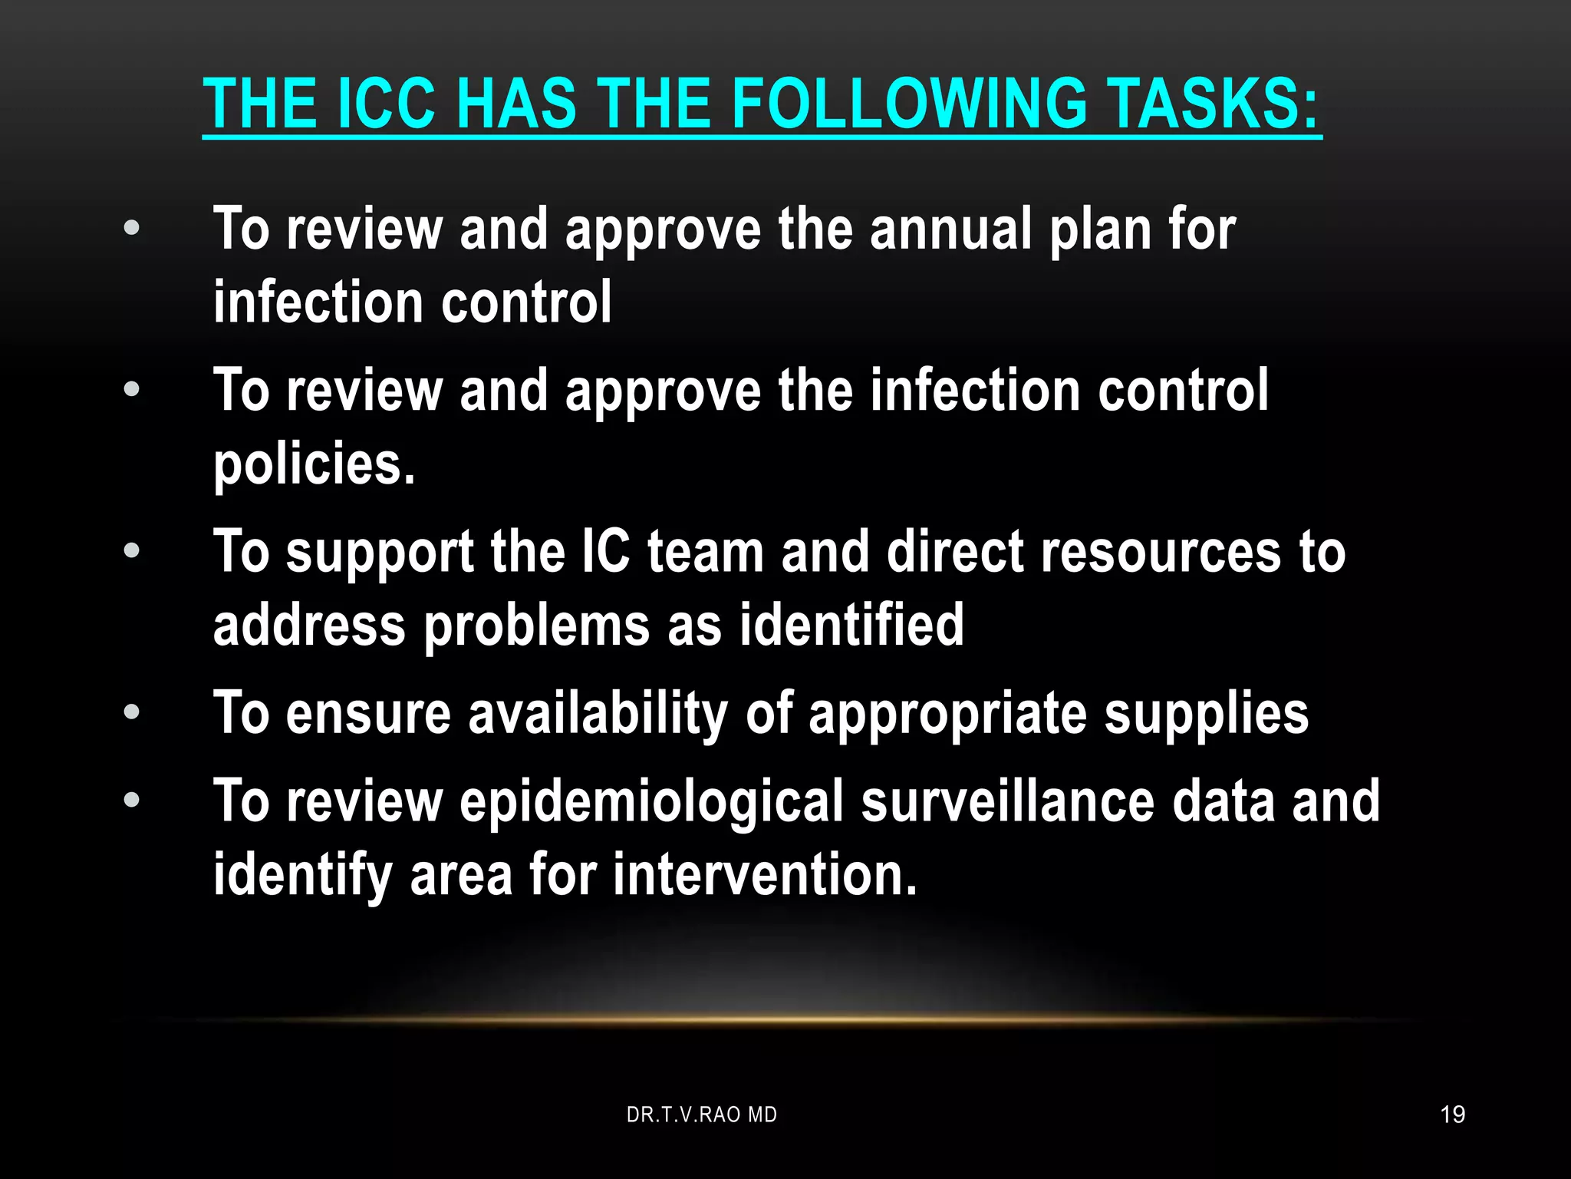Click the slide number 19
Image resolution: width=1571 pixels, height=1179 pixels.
pyautogui.click(x=1452, y=1115)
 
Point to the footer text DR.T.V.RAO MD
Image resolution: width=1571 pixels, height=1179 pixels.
pyautogui.click(x=701, y=1115)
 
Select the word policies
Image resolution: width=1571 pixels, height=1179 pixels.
pyautogui.click(x=314, y=465)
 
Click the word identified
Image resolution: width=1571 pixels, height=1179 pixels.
pyautogui.click(x=851, y=625)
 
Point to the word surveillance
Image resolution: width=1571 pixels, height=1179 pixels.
pyautogui.click(x=1007, y=801)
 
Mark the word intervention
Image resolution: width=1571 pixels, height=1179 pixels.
pyautogui.click(x=764, y=875)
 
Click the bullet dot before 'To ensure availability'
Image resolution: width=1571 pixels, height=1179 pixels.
pyautogui.click(x=132, y=712)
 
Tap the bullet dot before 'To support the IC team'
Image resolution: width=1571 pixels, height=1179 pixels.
pyautogui.click(x=132, y=550)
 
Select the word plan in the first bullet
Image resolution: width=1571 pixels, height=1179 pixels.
pyautogui.click(x=1099, y=230)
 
